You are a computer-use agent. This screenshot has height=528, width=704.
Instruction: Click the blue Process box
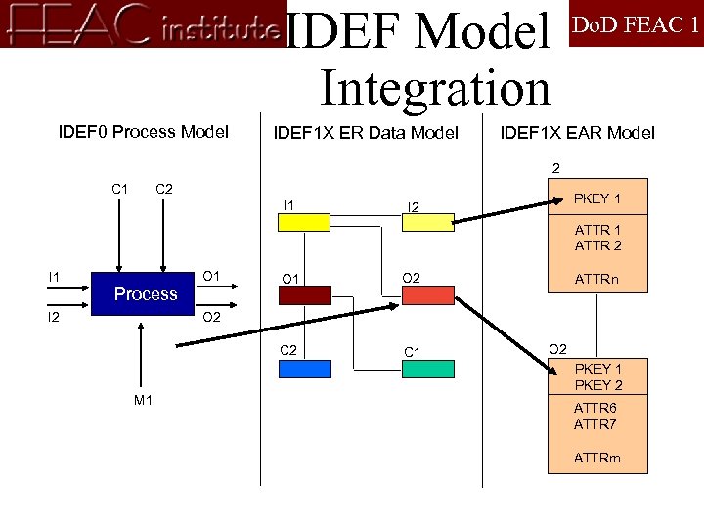coord(146,293)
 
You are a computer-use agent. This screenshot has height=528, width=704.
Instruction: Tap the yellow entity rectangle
coord(304,222)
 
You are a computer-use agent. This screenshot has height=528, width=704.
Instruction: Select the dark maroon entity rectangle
coord(305,295)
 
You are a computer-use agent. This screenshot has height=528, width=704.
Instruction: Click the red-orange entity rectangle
coord(427,295)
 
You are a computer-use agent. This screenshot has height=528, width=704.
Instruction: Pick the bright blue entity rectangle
coord(304,369)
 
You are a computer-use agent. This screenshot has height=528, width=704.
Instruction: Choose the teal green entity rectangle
coord(427,369)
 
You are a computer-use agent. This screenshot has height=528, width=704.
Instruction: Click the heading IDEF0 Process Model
coord(144,132)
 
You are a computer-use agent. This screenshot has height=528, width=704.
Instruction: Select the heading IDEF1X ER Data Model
coord(366,132)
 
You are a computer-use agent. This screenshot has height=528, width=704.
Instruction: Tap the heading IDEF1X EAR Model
coord(577,132)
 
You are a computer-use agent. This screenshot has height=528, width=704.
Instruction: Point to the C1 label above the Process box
coord(120,188)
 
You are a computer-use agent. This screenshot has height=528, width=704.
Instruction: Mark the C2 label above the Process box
coord(164,188)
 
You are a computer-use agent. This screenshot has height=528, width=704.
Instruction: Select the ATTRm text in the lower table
coord(597,457)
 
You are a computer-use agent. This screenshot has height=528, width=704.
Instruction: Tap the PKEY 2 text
coord(597,385)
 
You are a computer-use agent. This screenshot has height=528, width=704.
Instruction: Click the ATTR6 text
coord(595,408)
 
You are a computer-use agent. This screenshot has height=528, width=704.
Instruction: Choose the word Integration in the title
coord(435,88)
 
